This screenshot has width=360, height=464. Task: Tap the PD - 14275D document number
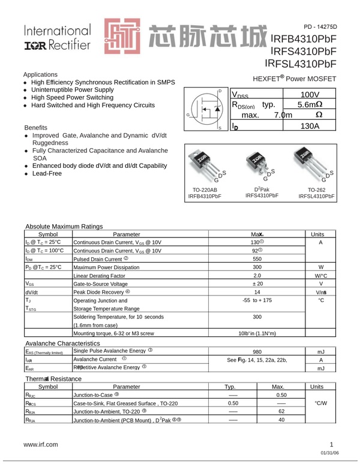(320, 27)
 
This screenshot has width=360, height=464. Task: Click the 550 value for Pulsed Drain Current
(257, 258)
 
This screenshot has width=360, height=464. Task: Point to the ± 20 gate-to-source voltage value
(257, 284)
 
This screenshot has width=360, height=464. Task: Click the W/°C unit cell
(320, 275)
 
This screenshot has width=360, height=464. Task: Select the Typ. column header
(233, 387)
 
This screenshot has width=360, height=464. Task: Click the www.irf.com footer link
(41, 444)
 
